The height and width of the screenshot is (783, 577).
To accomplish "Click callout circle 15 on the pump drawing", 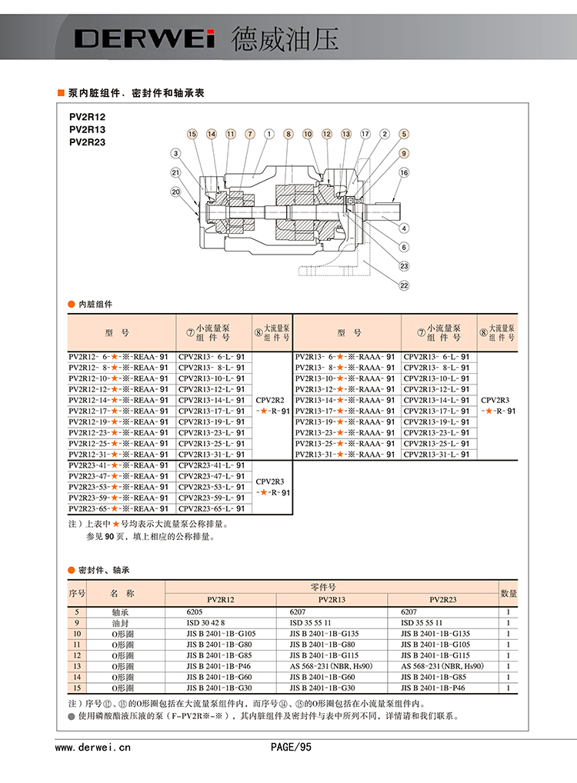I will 192,134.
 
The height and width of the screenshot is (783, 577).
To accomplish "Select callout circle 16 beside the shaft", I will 404,173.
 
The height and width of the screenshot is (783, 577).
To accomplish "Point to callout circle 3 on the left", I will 175,153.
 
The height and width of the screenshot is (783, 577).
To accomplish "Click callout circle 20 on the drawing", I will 175,192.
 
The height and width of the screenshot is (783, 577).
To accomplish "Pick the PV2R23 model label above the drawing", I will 87,142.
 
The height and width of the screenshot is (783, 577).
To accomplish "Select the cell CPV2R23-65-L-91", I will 211,508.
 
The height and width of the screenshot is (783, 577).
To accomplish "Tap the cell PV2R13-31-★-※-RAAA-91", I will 345,454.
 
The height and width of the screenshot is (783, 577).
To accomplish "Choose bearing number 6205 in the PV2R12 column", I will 198,611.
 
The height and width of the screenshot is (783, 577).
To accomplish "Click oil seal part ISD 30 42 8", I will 208,622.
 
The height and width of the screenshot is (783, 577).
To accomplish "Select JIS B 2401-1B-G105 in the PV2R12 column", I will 221,633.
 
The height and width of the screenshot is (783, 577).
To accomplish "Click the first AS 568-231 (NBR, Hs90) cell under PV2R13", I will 331,665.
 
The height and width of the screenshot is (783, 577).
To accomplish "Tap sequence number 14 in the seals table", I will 76,676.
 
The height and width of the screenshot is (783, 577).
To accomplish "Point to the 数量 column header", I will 509,594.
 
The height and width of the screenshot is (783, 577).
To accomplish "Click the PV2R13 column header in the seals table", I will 332,599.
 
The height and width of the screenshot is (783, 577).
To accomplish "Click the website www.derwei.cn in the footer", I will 93,746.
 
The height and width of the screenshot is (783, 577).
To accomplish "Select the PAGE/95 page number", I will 291,746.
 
